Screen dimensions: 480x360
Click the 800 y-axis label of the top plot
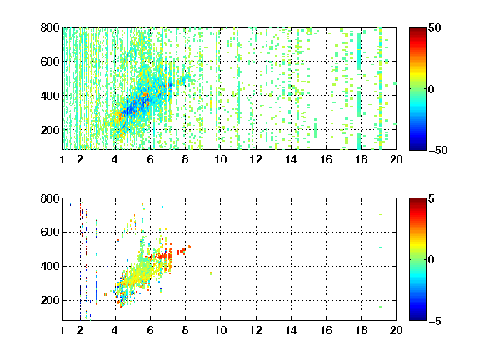click(50, 27)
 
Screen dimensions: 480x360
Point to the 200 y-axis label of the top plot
click(50, 130)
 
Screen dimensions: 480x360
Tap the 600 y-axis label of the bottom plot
click(50, 232)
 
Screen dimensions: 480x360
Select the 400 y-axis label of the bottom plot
click(50, 266)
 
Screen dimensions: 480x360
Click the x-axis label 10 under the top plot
click(220, 159)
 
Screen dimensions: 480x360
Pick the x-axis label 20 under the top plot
click(396, 159)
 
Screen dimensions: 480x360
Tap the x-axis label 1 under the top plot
click(62, 159)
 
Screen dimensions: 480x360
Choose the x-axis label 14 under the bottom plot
click(291, 330)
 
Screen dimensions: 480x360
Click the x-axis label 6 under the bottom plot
click(150, 330)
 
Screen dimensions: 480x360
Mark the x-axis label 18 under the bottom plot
click(361, 330)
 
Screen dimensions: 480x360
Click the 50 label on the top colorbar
click(435, 27)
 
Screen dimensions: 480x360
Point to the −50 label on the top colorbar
click(437, 150)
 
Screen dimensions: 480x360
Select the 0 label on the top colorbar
click(432, 89)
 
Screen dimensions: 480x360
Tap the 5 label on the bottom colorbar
click(432, 198)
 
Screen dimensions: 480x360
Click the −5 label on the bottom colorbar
click(435, 321)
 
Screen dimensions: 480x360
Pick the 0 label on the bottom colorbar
click(432, 260)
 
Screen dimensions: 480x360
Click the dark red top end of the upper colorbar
click(417, 29)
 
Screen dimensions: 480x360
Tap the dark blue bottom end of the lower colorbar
click(417, 318)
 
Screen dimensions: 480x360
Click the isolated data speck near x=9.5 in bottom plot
click(211, 273)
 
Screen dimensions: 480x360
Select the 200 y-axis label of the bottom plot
click(50, 300)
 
